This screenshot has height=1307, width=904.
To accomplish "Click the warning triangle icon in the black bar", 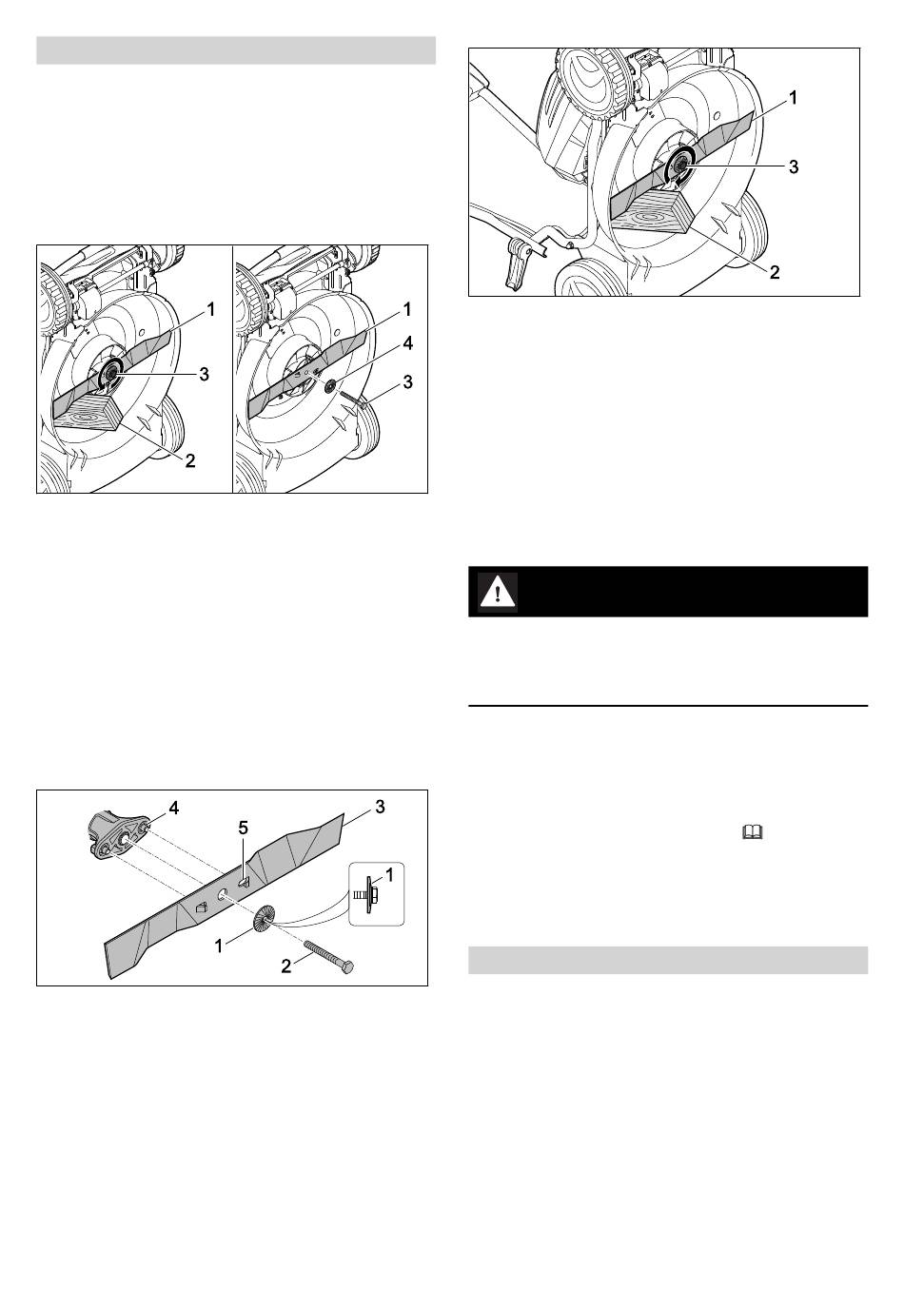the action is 498,593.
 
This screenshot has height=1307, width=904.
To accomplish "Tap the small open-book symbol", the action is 753,832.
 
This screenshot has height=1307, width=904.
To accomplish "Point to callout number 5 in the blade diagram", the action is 244,828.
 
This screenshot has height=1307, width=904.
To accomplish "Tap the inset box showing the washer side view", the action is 377,893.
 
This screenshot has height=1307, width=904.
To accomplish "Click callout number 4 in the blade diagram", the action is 174,809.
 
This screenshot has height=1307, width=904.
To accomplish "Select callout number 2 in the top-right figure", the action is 775,272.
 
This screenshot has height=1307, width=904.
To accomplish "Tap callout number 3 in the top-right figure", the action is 793,166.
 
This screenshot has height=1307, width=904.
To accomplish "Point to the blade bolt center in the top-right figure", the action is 680,166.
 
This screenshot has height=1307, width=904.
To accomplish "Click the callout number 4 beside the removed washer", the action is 408,343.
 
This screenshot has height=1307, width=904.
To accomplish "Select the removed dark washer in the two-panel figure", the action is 331,385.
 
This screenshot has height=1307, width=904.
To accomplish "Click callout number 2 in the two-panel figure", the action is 190,461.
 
